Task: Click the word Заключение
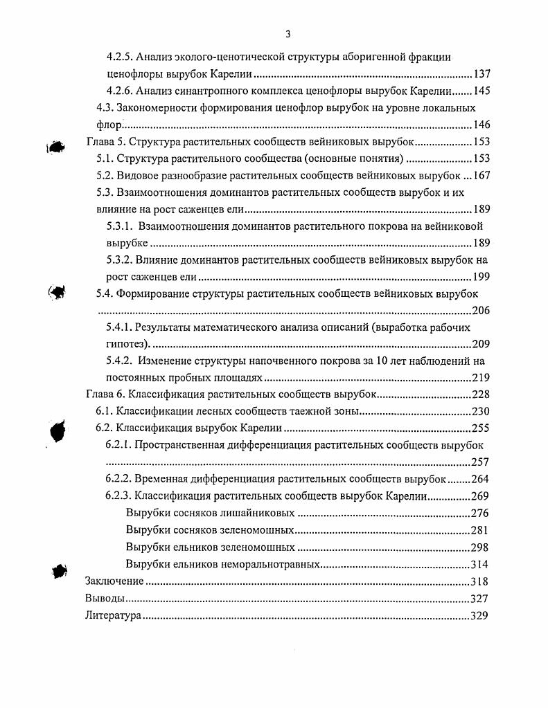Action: point(114,581)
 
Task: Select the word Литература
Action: point(113,615)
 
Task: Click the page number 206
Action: point(480,310)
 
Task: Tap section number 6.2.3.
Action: point(119,496)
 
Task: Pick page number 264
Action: point(479,479)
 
